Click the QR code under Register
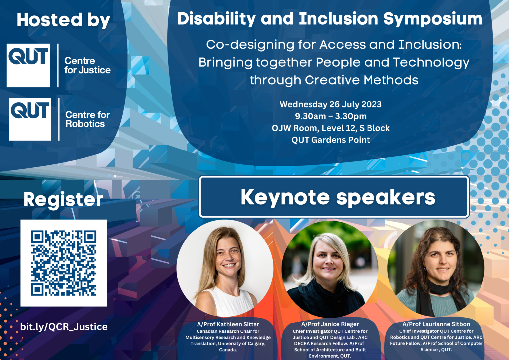(64, 263)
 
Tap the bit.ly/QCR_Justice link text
(64, 327)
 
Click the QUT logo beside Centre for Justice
(28, 65)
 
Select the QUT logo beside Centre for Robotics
(30, 119)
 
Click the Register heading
(63, 200)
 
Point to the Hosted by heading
(63, 20)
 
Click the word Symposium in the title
(432, 19)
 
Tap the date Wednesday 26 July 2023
(330, 104)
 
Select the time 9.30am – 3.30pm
(330, 116)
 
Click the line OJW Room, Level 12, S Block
(330, 128)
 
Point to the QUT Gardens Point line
(330, 140)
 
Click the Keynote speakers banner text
(338, 197)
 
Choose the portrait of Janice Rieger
(329, 269)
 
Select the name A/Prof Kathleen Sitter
(228, 324)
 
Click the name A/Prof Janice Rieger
(330, 324)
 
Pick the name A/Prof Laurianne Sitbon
(436, 324)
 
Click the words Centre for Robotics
(87, 119)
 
